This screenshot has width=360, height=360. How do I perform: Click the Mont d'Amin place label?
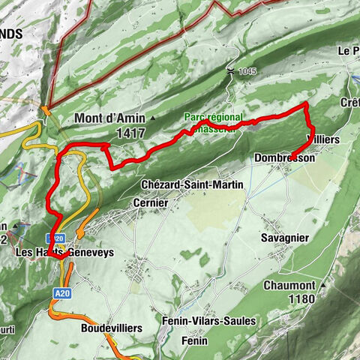pos(110,118)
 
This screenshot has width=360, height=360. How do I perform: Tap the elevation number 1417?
pos(131,133)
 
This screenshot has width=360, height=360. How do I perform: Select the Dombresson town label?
pos(284,158)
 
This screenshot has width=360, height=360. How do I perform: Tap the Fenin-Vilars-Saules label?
pos(208,321)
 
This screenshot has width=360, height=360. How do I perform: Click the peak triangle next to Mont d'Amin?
pos(154,118)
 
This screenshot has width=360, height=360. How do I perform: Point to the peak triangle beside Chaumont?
pos(323,286)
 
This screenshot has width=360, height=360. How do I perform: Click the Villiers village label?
pos(329,140)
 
